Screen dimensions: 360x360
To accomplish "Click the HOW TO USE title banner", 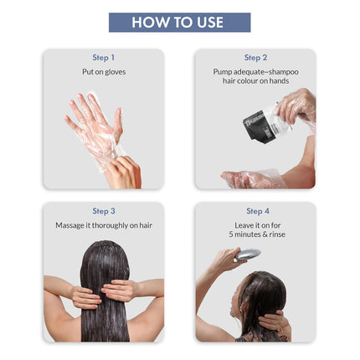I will pyautogui.click(x=179, y=23).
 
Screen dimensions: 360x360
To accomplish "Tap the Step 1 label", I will pyautogui.click(x=104, y=58).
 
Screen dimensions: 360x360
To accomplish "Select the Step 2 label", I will pyautogui.click(x=256, y=58).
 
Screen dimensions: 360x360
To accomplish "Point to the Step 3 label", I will pyautogui.click(x=104, y=211).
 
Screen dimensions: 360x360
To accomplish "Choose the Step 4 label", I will pyautogui.click(x=256, y=211).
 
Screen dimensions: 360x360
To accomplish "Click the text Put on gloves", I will pyautogui.click(x=104, y=73).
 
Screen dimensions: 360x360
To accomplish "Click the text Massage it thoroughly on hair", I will pyautogui.click(x=104, y=225).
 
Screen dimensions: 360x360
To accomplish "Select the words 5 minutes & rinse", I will pyautogui.click(x=256, y=236).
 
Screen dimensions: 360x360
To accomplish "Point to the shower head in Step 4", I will pyautogui.click(x=249, y=254).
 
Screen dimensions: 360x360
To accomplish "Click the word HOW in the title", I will pyautogui.click(x=149, y=23).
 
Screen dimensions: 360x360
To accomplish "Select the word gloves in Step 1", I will pyautogui.click(x=115, y=73).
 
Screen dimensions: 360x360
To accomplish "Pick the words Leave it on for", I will pyautogui.click(x=256, y=226).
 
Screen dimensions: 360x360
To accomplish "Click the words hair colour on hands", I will pyautogui.click(x=256, y=82).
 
